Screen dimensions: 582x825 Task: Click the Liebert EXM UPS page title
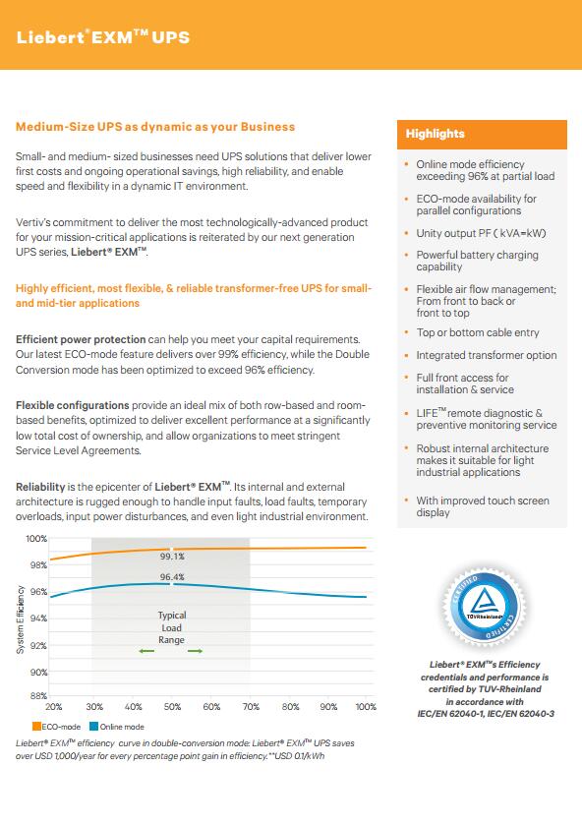[103, 37]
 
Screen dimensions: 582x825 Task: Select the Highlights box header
[482, 134]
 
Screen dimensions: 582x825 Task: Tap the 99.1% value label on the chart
[172, 557]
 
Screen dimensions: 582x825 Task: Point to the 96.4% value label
[172, 577]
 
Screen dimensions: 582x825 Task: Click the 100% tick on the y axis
[36, 539]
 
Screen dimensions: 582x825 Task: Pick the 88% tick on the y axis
[38, 695]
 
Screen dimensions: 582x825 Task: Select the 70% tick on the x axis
[251, 707]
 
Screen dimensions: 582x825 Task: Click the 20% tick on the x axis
[54, 707]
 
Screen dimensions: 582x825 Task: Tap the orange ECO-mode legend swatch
[36, 727]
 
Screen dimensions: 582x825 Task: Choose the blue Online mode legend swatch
[94, 727]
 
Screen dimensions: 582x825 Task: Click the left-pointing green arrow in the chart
[146, 651]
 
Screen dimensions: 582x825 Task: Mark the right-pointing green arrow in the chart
[196, 651]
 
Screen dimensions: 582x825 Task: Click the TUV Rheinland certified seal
[485, 609]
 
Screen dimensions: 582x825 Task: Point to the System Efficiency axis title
[21, 619]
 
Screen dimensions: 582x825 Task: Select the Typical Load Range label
[171, 627]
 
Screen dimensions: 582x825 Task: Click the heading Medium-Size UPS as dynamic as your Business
[155, 127]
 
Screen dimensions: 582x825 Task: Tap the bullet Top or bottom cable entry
[478, 332]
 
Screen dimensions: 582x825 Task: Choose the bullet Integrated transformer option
[487, 355]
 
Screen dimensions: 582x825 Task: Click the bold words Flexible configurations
[73, 406]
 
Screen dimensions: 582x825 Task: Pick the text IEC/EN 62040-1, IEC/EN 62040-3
[486, 714]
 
